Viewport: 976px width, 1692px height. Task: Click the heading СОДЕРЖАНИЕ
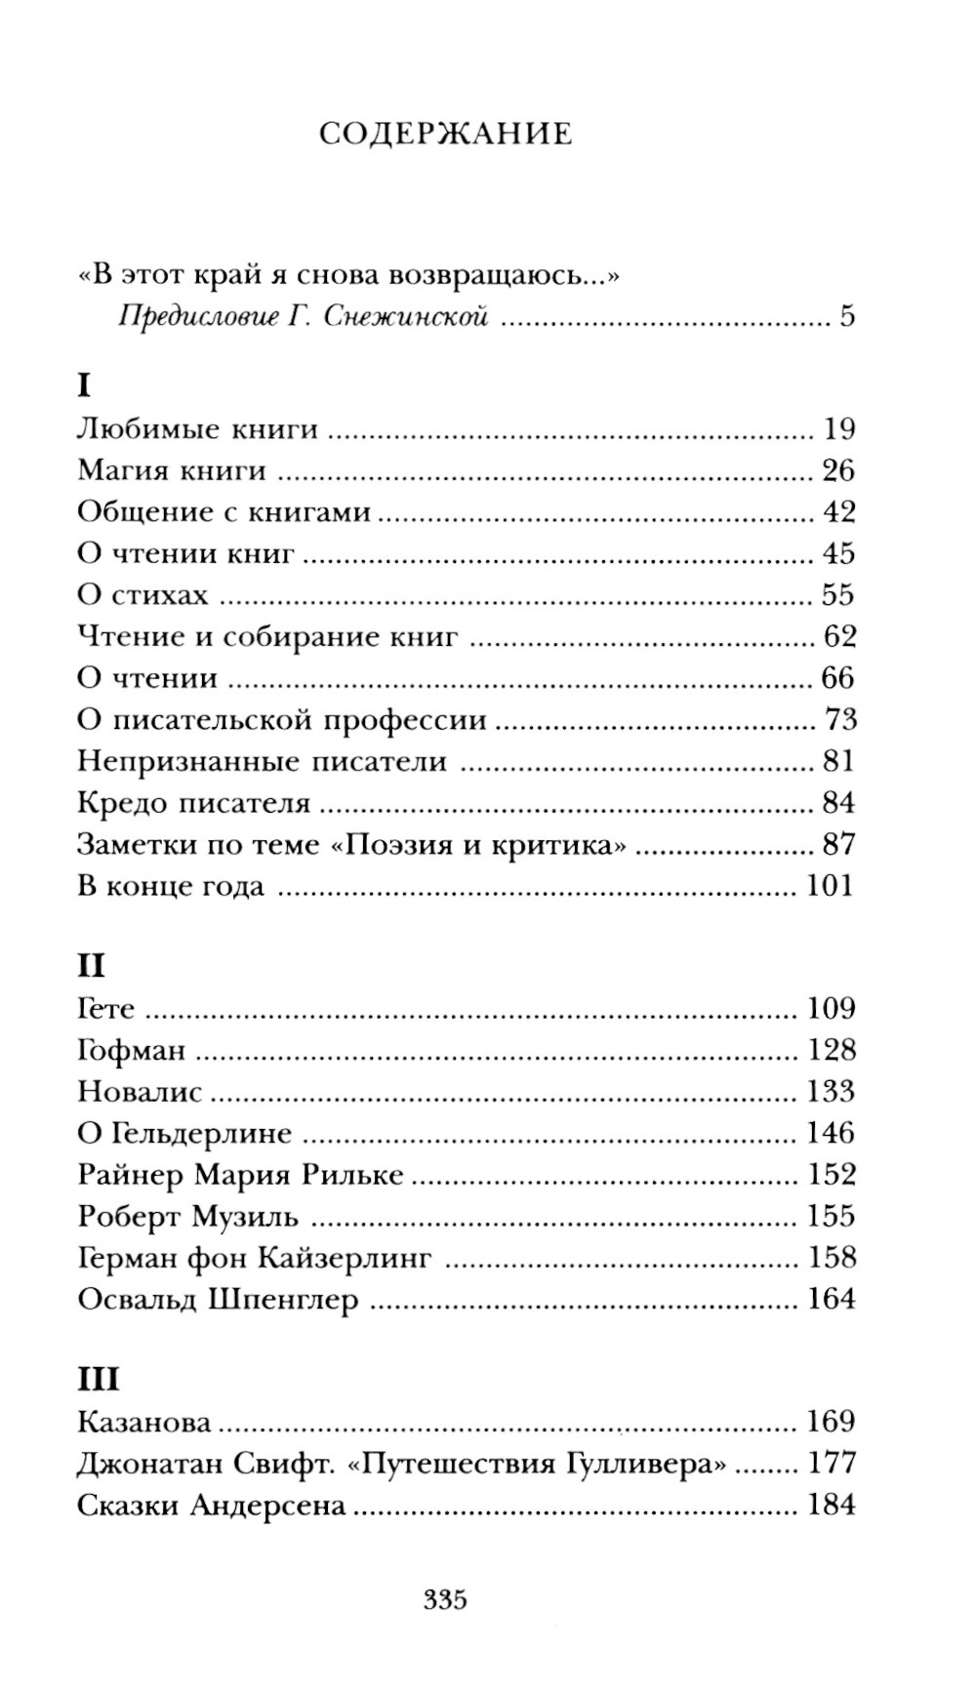[x=445, y=133]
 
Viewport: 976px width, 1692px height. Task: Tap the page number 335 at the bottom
[x=445, y=1599]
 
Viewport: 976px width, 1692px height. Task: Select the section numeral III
[x=98, y=1380]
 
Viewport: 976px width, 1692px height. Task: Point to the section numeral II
[x=91, y=966]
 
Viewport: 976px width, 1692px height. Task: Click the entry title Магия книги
[x=172, y=470]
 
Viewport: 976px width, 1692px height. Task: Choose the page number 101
[x=830, y=885]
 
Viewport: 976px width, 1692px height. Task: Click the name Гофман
[x=131, y=1050]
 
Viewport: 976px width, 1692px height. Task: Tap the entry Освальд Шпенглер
[x=218, y=1300]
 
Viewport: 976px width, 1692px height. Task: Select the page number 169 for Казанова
[x=831, y=1421]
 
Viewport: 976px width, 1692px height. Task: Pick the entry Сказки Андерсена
[x=211, y=1505]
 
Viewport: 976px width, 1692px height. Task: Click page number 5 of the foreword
[x=846, y=316]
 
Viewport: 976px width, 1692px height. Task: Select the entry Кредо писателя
[x=193, y=802]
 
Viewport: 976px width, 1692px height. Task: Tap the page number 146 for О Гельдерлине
[x=831, y=1133]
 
